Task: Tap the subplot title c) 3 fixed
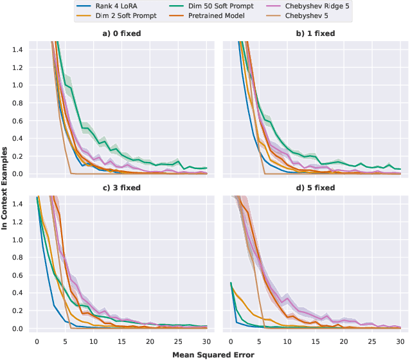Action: coord(121,188)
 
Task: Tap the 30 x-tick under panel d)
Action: coord(400,341)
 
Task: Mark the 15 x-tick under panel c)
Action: coord(121,341)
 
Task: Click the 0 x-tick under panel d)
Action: coord(230,341)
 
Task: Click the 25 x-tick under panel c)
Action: coord(178,341)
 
